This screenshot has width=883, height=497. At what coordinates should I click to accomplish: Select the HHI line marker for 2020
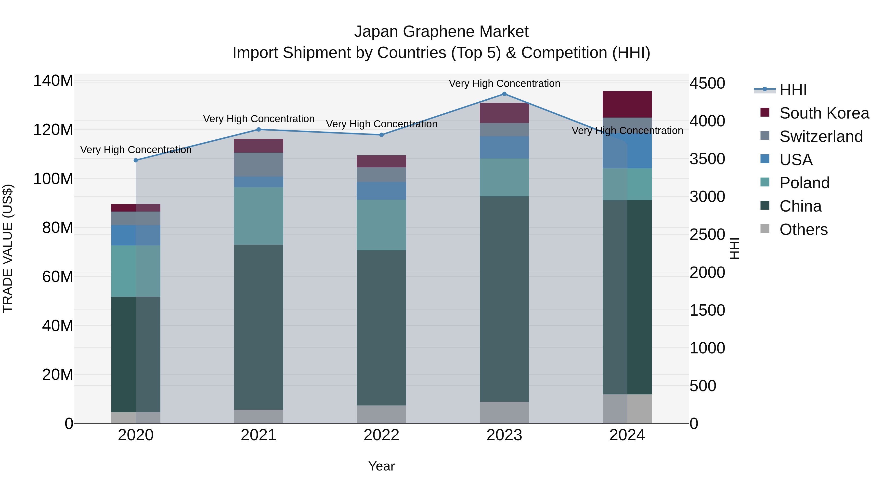coord(136,160)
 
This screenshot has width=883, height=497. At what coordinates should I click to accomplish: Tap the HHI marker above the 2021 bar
coord(259,130)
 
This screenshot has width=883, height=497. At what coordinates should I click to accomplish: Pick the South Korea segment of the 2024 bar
coord(627,104)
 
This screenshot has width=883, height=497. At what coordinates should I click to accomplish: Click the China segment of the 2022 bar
coord(381,328)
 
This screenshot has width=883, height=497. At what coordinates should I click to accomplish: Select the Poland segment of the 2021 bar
coord(259,216)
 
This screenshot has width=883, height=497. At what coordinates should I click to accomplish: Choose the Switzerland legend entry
coord(821,136)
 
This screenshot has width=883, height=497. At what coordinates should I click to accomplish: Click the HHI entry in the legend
coord(793,90)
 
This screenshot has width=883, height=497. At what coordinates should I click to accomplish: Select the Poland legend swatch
coord(765,182)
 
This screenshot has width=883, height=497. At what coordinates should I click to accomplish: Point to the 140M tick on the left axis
coord(53,81)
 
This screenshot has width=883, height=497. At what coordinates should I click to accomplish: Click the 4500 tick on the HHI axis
coord(707,83)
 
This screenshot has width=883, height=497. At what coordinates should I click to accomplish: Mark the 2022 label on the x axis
coord(381,435)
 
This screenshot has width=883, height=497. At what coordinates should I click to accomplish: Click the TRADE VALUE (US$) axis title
coord(8,248)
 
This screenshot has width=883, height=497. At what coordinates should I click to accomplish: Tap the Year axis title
coord(381,466)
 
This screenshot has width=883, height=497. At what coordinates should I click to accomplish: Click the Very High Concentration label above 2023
coord(504,83)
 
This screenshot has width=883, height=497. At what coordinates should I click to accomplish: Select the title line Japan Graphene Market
coord(441,32)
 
